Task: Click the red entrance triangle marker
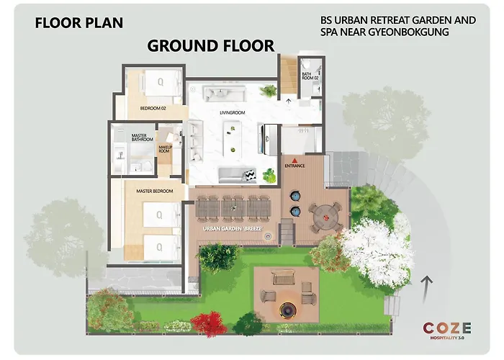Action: click(x=294, y=160)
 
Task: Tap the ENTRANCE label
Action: click(x=294, y=166)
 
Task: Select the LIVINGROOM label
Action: click(x=233, y=113)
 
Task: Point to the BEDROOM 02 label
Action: click(x=153, y=109)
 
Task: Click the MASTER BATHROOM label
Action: click(x=142, y=138)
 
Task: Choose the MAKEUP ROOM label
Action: click(x=166, y=149)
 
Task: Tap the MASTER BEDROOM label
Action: click(x=155, y=192)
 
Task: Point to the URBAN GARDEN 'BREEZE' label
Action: click(x=233, y=229)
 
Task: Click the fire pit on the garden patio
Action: click(x=287, y=310)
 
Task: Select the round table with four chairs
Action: click(x=326, y=217)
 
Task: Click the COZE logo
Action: click(x=447, y=330)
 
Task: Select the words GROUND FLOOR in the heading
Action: click(x=211, y=45)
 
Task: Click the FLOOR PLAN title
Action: click(x=78, y=23)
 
